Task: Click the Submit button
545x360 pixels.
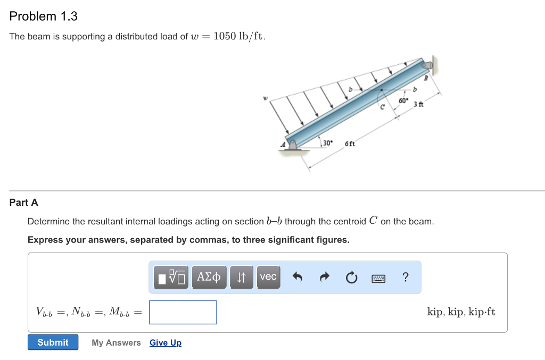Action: (53, 342)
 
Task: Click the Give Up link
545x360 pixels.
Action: (166, 342)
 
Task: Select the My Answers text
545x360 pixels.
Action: (116, 342)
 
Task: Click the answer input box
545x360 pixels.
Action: (183, 312)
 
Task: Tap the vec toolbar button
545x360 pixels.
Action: (268, 277)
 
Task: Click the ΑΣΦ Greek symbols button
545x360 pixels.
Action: (209, 277)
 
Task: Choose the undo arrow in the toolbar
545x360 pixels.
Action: (298, 277)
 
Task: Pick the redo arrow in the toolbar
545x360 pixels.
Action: (324, 277)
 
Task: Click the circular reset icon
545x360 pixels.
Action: (351, 277)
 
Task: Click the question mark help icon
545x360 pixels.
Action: (406, 277)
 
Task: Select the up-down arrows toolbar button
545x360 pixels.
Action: (241, 277)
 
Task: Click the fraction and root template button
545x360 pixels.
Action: (171, 277)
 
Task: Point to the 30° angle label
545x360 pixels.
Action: (327, 143)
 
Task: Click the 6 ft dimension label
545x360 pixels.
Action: (350, 144)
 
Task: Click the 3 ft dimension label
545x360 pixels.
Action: (418, 104)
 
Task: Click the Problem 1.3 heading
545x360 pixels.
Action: (44, 16)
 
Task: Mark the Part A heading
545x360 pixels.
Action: (24, 203)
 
